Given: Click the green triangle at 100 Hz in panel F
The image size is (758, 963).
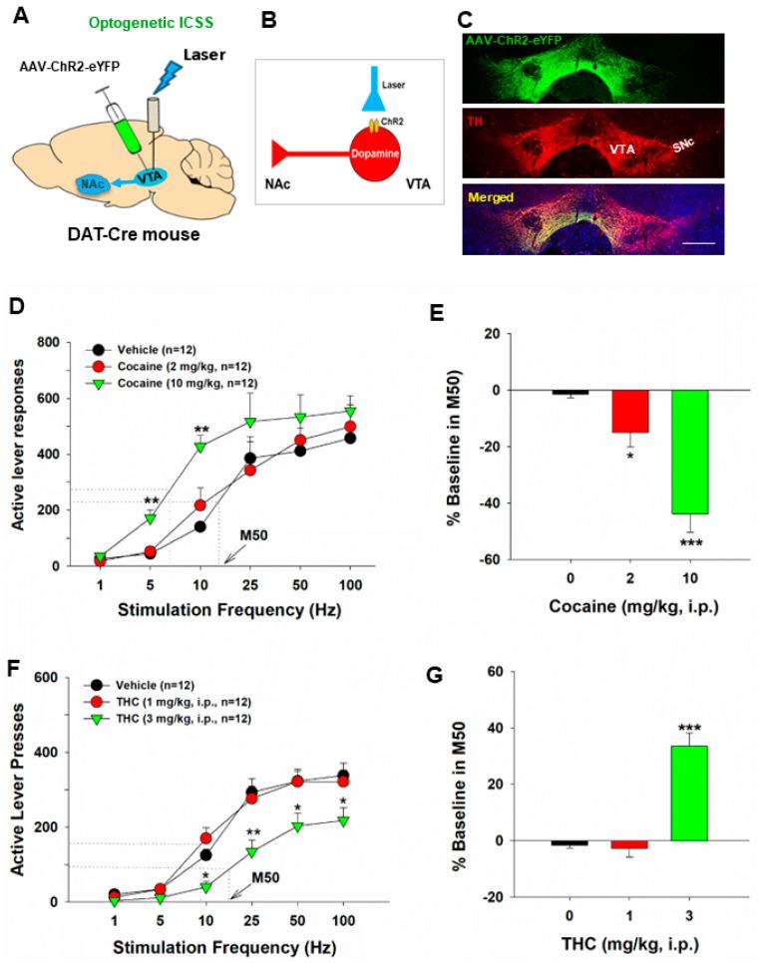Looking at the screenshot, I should [x=342, y=819].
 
